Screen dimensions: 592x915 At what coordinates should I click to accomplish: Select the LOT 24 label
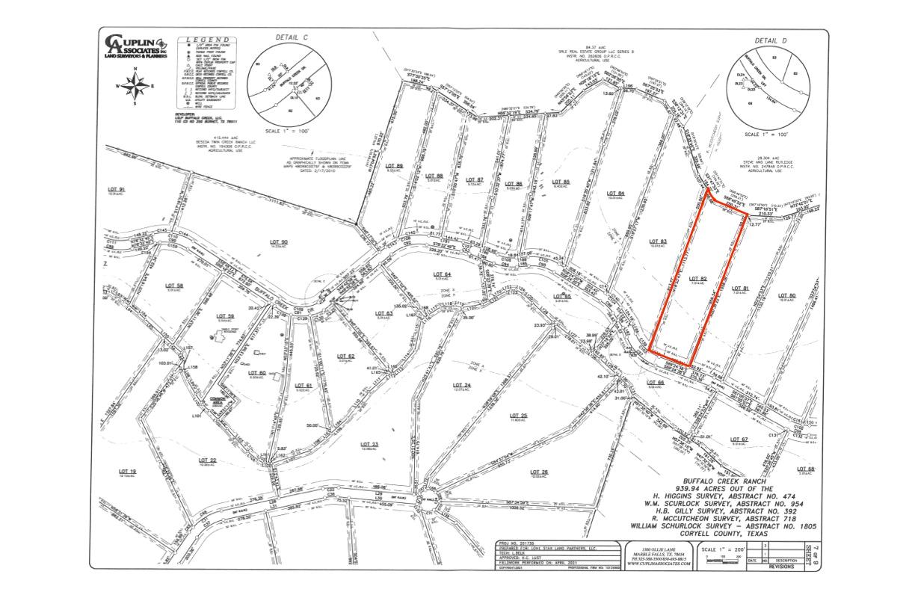point(461,384)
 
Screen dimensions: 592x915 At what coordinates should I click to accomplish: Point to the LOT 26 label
point(539,471)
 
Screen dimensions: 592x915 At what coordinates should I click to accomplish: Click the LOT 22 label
point(208,459)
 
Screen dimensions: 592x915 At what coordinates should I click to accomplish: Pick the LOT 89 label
point(394,166)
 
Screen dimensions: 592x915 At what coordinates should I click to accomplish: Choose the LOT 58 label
point(174,286)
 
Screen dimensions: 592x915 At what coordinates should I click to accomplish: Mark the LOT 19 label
point(127,471)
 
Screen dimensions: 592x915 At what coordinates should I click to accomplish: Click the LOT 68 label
point(806,469)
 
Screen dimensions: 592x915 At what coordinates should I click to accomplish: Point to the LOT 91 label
point(116,190)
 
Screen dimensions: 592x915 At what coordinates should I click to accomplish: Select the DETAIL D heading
point(771,40)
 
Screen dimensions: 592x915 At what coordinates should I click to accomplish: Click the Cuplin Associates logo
point(135,46)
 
